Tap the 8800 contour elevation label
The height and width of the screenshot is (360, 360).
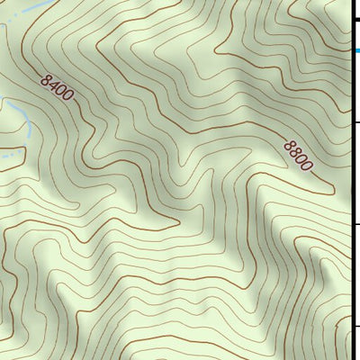click(x=298, y=155)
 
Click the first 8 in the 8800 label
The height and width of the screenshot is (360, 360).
click(x=289, y=146)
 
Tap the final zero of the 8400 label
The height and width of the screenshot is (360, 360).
click(x=67, y=97)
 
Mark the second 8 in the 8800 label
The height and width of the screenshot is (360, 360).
click(x=294, y=151)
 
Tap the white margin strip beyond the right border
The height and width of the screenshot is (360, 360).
click(x=356, y=270)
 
